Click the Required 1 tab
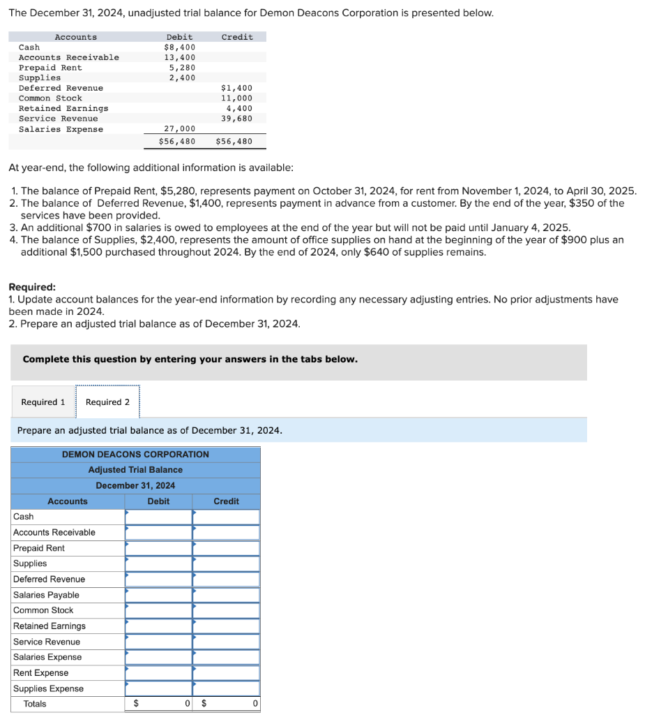(x=43, y=402)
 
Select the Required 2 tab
(x=107, y=402)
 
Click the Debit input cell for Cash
(x=158, y=517)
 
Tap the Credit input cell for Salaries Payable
(x=226, y=595)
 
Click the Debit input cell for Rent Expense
(x=158, y=673)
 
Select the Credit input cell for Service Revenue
(x=226, y=642)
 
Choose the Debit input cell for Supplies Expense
(x=158, y=688)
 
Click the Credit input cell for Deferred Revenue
(x=226, y=580)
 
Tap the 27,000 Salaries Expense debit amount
(x=179, y=129)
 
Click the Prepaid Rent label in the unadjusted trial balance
(x=50, y=68)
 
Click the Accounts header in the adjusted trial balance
(x=68, y=501)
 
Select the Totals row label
(x=35, y=704)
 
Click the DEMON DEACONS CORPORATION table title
(x=135, y=455)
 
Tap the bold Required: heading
(x=32, y=287)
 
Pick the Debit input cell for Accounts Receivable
(x=158, y=533)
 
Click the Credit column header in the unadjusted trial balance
(x=237, y=37)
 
